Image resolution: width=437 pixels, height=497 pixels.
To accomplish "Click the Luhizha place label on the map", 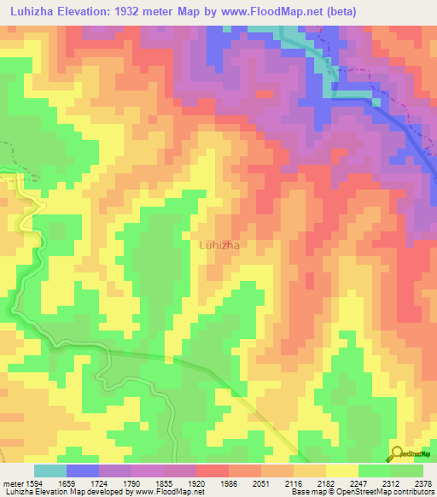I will (x=218, y=245).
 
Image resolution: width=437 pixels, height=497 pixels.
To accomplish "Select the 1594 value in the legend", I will (x=32, y=482).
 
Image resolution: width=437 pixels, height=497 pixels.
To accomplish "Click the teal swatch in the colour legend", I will (x=50, y=471).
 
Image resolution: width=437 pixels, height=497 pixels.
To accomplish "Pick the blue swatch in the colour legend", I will (x=83, y=471).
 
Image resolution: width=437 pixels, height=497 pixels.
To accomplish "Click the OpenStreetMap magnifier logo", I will (x=397, y=453).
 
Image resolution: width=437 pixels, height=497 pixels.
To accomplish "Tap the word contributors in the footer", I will (x=413, y=493).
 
